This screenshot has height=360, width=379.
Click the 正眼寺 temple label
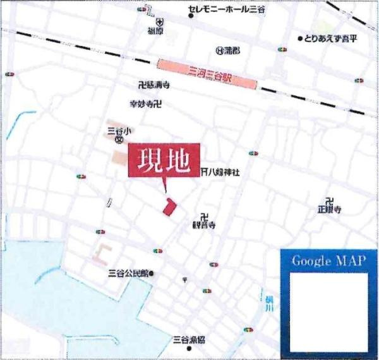[330, 208]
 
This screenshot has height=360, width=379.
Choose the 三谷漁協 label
[189, 339]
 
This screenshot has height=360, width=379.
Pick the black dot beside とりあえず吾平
[300, 39]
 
